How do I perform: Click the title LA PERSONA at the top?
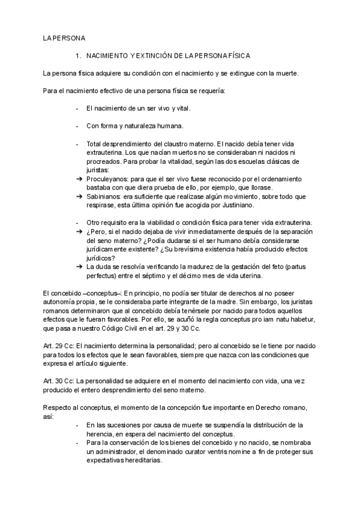(x=64, y=38)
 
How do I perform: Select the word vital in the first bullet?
(x=182, y=109)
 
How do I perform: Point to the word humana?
(x=167, y=126)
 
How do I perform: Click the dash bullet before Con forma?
(x=77, y=126)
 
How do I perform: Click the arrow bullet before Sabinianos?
(x=78, y=196)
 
